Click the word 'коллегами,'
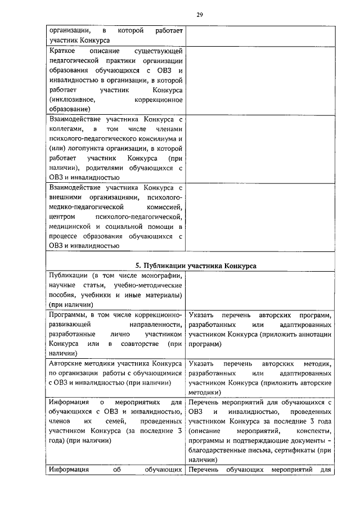pyautogui.click(x=67, y=129)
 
